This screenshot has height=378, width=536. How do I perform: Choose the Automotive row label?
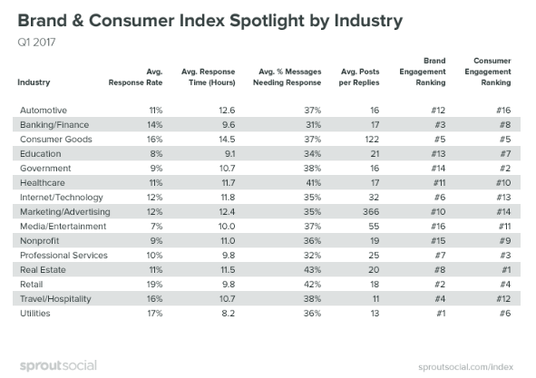click(44, 110)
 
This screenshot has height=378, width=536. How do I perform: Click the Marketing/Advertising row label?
click(63, 211)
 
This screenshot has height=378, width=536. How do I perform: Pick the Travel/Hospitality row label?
click(56, 298)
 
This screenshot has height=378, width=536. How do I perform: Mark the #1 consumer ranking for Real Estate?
click(501, 269)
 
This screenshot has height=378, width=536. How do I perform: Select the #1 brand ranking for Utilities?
click(444, 313)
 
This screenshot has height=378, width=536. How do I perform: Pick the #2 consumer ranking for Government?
click(501, 168)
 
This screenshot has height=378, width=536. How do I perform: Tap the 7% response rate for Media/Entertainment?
click(155, 226)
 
